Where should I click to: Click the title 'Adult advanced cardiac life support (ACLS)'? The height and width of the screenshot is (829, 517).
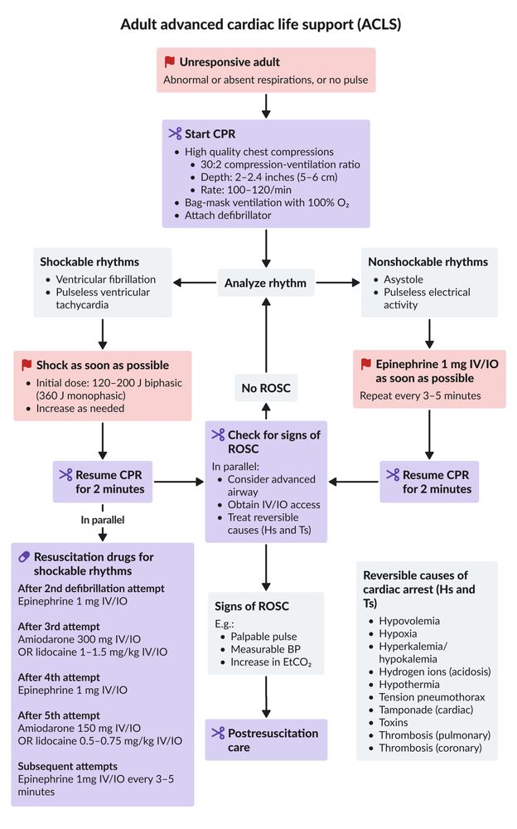(x=261, y=24)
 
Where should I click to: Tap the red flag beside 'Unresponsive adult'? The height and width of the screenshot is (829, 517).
(x=170, y=62)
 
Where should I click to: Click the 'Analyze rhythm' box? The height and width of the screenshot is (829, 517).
(x=265, y=283)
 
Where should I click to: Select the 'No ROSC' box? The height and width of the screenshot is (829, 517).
(x=266, y=388)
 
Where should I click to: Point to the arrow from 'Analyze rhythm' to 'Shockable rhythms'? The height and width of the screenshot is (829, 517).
(x=195, y=283)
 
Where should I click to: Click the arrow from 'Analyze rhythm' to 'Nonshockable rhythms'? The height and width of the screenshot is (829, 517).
(x=338, y=283)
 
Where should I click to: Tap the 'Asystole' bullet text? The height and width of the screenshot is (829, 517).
(x=403, y=279)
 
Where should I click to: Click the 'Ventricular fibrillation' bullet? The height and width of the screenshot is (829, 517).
(x=106, y=279)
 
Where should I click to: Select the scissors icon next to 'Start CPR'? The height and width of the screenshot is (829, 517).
(x=175, y=133)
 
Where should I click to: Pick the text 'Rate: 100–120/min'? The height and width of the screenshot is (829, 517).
(x=246, y=190)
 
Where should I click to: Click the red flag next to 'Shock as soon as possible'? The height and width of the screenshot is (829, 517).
(x=27, y=365)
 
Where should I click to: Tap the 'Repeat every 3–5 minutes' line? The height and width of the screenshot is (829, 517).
(x=420, y=395)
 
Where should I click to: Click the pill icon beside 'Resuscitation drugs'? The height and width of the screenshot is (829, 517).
(x=24, y=557)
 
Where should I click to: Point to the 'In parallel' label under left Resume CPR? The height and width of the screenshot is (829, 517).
(x=103, y=520)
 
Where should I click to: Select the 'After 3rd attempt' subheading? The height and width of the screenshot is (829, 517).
(x=59, y=627)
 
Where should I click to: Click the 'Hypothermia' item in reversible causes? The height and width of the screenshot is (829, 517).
(x=409, y=684)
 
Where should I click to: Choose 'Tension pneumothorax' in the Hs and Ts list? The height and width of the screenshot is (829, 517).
(x=432, y=697)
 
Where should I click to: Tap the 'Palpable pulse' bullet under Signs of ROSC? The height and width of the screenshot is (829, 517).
(x=263, y=637)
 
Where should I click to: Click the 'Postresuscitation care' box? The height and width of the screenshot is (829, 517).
(x=266, y=739)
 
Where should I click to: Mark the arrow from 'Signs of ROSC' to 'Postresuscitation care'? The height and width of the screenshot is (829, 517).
(x=266, y=696)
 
